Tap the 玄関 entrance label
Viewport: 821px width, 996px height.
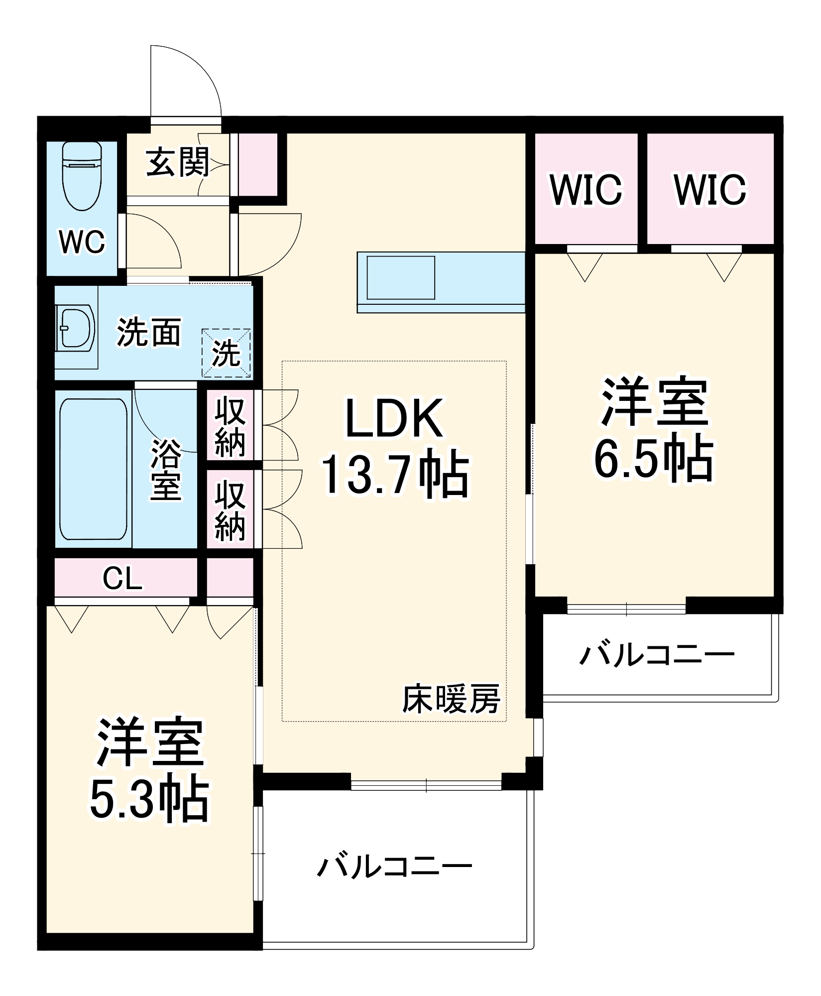tap(178, 162)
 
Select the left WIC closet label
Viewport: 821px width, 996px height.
tap(586, 190)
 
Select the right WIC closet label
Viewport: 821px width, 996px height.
tap(710, 190)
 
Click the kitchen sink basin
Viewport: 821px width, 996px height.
tap(401, 277)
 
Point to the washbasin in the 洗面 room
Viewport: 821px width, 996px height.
tap(77, 328)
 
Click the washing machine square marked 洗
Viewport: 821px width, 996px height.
tap(226, 353)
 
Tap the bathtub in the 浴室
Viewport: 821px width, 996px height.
tap(93, 469)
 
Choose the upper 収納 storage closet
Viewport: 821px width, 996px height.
tap(230, 427)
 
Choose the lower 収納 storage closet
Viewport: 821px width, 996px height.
tap(230, 510)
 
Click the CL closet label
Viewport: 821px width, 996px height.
tap(122, 578)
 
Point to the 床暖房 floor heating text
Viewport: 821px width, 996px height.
tap(451, 699)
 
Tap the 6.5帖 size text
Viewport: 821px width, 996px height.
tap(653, 458)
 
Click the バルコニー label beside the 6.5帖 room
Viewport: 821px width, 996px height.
tap(657, 654)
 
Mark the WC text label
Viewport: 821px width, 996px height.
tap(82, 242)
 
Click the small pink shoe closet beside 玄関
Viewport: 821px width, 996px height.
tap(257, 164)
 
